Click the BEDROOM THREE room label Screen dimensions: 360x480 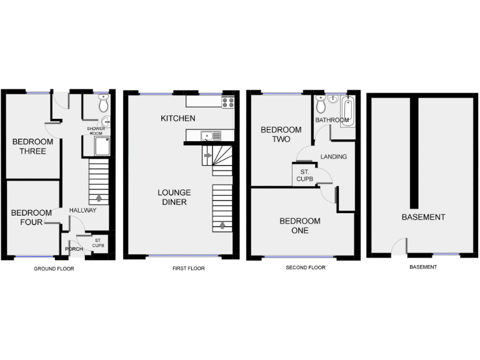(x=32, y=146)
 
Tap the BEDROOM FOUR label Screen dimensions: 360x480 (x=27, y=217)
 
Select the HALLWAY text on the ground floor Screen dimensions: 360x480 (x=82, y=211)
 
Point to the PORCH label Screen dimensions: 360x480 (x=73, y=249)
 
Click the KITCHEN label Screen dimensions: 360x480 (x=178, y=119)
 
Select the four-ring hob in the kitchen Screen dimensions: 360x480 (x=227, y=101)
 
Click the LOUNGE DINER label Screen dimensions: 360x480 (x=174, y=197)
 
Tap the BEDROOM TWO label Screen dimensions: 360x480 (x=281, y=134)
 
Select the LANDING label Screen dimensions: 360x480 (x=333, y=156)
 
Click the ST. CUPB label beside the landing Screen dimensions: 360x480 (x=305, y=176)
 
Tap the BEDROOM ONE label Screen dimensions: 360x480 (x=300, y=226)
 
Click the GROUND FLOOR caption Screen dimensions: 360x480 (x=54, y=269)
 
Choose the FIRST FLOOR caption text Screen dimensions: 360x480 (x=188, y=269)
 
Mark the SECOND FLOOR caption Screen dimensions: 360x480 (x=306, y=267)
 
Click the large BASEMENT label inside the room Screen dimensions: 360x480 (x=423, y=217)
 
